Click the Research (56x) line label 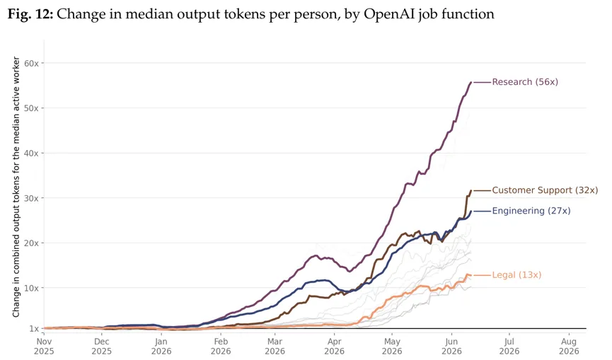525,82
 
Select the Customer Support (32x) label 545,190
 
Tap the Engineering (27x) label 531,211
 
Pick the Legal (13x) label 516,275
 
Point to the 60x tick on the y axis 31,63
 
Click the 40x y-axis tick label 31,153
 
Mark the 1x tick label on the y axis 34,328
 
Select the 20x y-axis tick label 31,243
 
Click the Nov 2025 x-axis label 44,347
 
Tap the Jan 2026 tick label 161,347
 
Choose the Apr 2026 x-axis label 335,347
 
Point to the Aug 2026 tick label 569,347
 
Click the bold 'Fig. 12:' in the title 30,14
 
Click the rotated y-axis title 16,187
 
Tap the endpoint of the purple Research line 471,82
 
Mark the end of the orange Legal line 471,275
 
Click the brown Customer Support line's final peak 471,190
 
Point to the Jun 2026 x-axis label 451,347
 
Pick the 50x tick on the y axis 31,108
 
